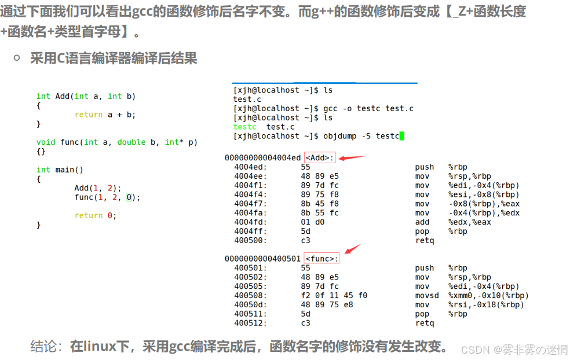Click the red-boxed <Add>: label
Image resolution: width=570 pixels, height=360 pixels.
click(x=320, y=158)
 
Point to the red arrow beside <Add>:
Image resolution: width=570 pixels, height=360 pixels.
click(x=352, y=157)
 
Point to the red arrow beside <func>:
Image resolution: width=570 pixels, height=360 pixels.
click(x=353, y=249)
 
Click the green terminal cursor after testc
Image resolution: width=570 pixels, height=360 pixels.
click(x=401, y=136)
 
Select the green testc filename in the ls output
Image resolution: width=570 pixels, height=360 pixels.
click(x=244, y=127)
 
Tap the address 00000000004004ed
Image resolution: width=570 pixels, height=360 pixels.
click(x=262, y=158)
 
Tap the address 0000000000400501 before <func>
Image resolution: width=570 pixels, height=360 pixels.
click(x=262, y=259)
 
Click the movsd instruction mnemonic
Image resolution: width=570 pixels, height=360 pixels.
click(x=427, y=296)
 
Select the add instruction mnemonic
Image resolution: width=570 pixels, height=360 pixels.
click(x=422, y=222)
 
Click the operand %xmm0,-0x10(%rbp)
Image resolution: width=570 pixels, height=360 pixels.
click(x=488, y=296)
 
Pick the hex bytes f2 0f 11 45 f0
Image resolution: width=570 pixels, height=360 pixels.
click(x=334, y=296)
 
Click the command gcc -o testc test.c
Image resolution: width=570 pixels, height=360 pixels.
click(x=368, y=109)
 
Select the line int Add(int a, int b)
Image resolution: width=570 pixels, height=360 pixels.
click(x=86, y=96)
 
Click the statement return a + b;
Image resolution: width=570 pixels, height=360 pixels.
click(x=105, y=115)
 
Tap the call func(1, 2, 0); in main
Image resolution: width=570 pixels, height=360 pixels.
click(x=107, y=197)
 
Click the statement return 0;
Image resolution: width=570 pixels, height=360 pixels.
click(x=96, y=216)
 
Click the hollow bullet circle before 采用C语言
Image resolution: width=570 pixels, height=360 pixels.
click(x=17, y=57)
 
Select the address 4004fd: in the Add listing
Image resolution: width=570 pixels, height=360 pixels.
click(x=246, y=222)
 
